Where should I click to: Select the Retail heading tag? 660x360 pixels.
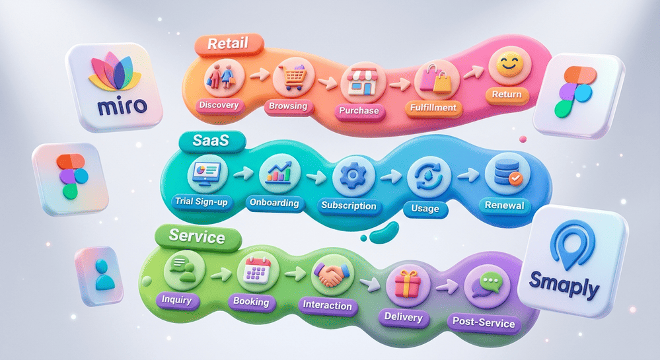point(229,44)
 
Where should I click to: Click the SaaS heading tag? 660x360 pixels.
point(211,140)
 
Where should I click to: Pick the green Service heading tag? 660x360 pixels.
point(197,236)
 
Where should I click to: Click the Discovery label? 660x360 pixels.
point(219,105)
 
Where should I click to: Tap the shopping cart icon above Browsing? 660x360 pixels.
point(293,77)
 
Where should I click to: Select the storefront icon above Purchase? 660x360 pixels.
point(363,83)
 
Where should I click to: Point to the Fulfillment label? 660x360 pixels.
point(433,108)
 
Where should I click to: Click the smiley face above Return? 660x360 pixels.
point(510,65)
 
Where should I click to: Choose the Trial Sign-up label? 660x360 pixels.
point(202,201)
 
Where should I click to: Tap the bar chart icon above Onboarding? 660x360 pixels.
point(279,172)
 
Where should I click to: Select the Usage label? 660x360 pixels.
point(425,209)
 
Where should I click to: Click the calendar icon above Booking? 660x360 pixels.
point(258,270)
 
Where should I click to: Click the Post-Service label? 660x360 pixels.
point(484,322)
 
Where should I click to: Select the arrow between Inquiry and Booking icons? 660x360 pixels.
point(221,275)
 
